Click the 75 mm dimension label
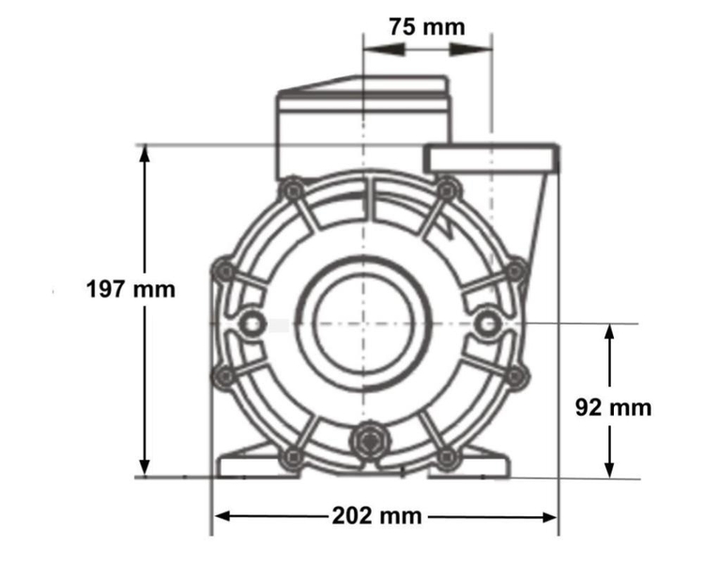coord(427,26)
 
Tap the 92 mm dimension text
coord(612,408)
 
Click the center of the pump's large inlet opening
coord(363,324)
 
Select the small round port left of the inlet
coord(253,324)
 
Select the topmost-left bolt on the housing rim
coord(291,192)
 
